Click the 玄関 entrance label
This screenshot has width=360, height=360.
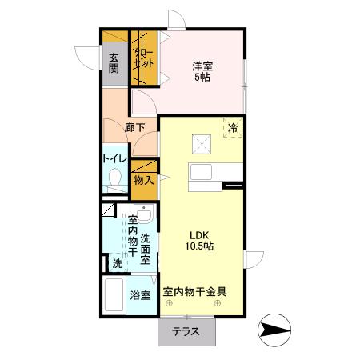(x=114, y=62)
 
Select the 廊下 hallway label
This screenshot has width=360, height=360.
(x=134, y=126)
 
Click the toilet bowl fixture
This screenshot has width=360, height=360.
(x=114, y=178)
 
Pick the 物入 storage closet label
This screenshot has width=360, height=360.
(x=143, y=181)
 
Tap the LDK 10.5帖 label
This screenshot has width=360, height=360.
(x=200, y=240)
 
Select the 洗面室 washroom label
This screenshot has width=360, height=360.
(x=146, y=248)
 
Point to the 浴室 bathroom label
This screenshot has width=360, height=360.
(x=141, y=295)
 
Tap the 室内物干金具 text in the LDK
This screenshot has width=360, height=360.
(x=195, y=293)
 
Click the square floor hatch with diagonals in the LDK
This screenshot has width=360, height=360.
(x=201, y=144)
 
